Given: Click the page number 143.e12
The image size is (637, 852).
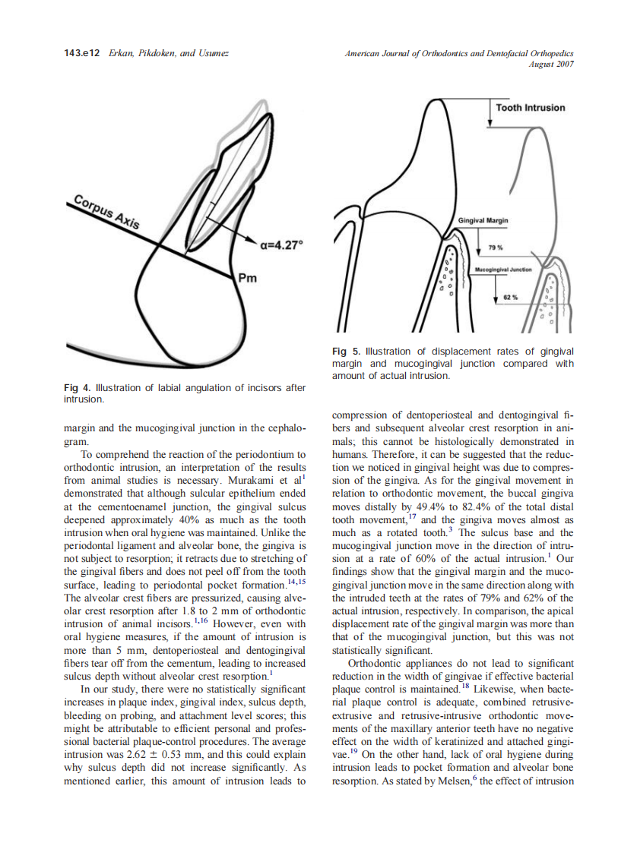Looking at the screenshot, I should pyautogui.click(x=82, y=53).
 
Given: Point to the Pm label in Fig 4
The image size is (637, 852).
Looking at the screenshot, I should pyautogui.click(x=247, y=278).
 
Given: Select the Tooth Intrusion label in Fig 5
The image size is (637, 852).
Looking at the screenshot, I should pyautogui.click(x=530, y=108).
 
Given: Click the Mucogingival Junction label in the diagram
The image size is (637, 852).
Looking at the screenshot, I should pyautogui.click(x=502, y=270).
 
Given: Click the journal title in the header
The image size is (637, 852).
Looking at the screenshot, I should pyautogui.click(x=458, y=53).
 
